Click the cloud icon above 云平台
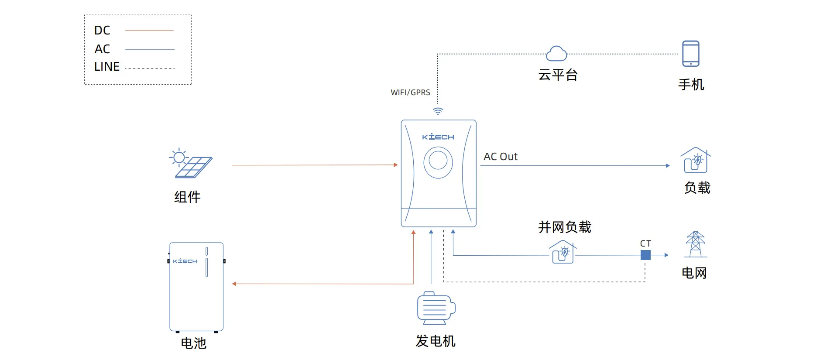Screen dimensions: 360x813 (x=556, y=54)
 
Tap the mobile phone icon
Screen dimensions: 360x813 (x=690, y=54)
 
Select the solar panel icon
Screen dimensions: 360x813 (x=191, y=164)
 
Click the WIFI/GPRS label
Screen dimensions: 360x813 (x=410, y=93)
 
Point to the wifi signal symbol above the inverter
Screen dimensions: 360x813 (x=438, y=111)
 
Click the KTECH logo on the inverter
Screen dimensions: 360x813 (x=438, y=137)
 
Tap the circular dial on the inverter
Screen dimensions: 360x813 (x=438, y=162)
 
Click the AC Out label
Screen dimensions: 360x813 (x=500, y=157)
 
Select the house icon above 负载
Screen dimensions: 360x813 (x=696, y=161)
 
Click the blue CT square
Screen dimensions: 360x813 (x=645, y=255)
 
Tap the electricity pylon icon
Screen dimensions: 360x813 (x=695, y=244)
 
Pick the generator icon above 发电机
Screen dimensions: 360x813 (x=436, y=308)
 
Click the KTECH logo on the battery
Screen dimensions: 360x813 (x=185, y=261)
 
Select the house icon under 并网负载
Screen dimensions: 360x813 (x=563, y=252)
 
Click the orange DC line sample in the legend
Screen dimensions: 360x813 (x=149, y=31)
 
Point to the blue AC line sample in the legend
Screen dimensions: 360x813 (x=150, y=49)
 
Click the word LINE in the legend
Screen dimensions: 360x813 (x=106, y=67)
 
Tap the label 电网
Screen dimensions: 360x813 (x=694, y=273)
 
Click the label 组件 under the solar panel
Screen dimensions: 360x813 (x=187, y=197)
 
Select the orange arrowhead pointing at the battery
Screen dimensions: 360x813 (x=234, y=284)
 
